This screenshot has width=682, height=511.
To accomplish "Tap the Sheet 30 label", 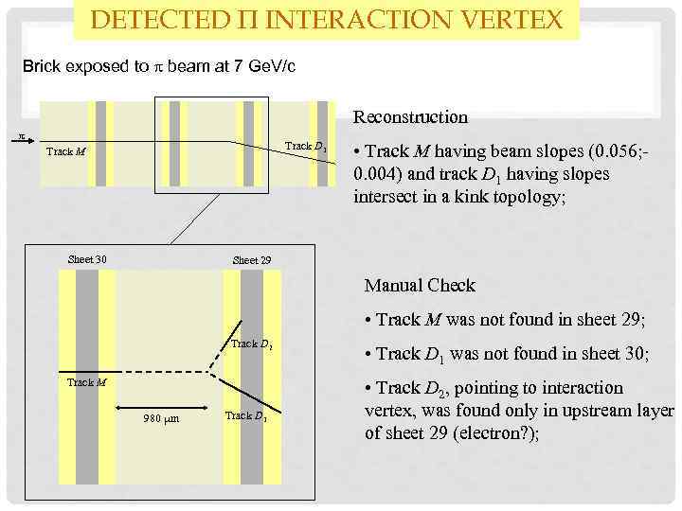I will pos(88,260).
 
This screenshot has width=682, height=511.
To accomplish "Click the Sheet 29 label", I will pos(251,260).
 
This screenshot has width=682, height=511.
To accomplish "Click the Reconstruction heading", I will pos(410,117).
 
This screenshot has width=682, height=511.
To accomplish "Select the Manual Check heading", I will pos(420,285).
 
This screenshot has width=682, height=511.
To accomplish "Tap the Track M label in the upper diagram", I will pos(65,150).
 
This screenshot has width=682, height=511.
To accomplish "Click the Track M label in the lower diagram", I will pos(86,382).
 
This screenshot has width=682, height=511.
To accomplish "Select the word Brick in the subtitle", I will pos(43,67).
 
